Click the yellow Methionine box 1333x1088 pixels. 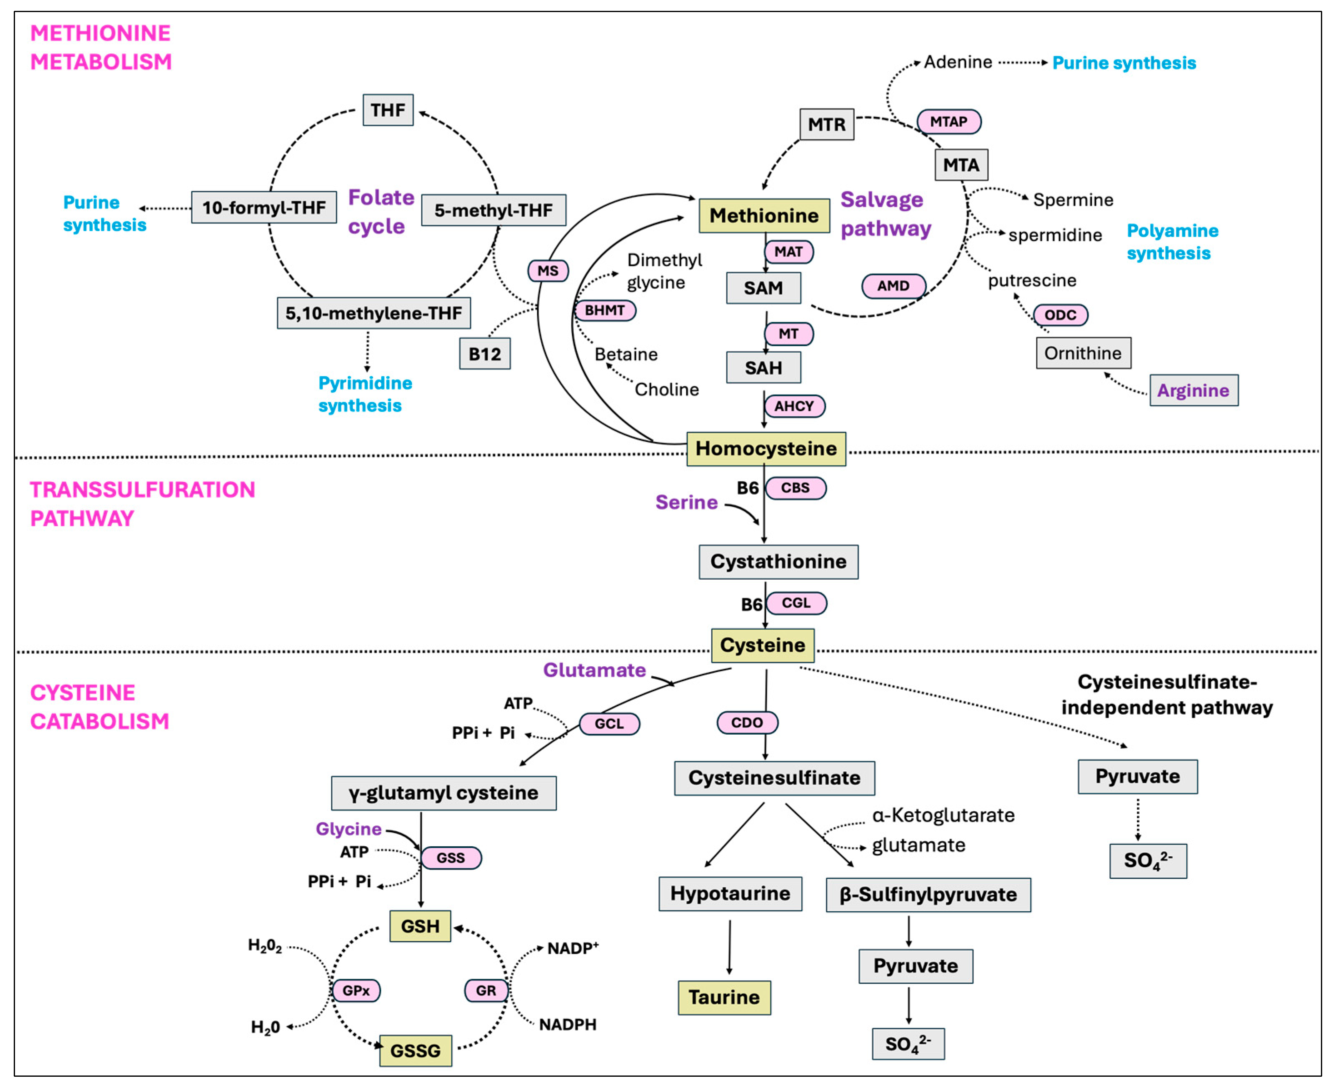pyautogui.click(x=764, y=215)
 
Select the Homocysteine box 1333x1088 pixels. pyautogui.click(x=766, y=449)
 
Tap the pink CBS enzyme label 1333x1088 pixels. pyautogui.click(x=795, y=488)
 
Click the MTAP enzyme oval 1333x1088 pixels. pyautogui.click(x=948, y=122)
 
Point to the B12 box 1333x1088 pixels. pyautogui.click(x=485, y=354)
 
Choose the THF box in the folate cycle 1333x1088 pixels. pyautogui.click(x=388, y=110)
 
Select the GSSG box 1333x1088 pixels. pyautogui.click(x=415, y=1050)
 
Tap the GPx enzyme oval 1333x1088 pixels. pyautogui.click(x=356, y=990)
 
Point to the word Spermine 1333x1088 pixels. pyautogui.click(x=1073, y=200)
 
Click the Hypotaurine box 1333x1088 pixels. pyautogui.click(x=730, y=893)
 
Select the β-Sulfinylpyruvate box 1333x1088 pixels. pyautogui.click(x=928, y=894)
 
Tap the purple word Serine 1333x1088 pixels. pyautogui.click(x=686, y=502)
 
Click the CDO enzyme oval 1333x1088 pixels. pyautogui.click(x=747, y=723)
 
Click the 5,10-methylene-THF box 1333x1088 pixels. pyautogui.click(x=373, y=313)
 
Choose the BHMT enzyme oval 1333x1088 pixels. pyautogui.click(x=605, y=310)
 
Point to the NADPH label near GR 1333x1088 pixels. pyautogui.click(x=568, y=1025)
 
